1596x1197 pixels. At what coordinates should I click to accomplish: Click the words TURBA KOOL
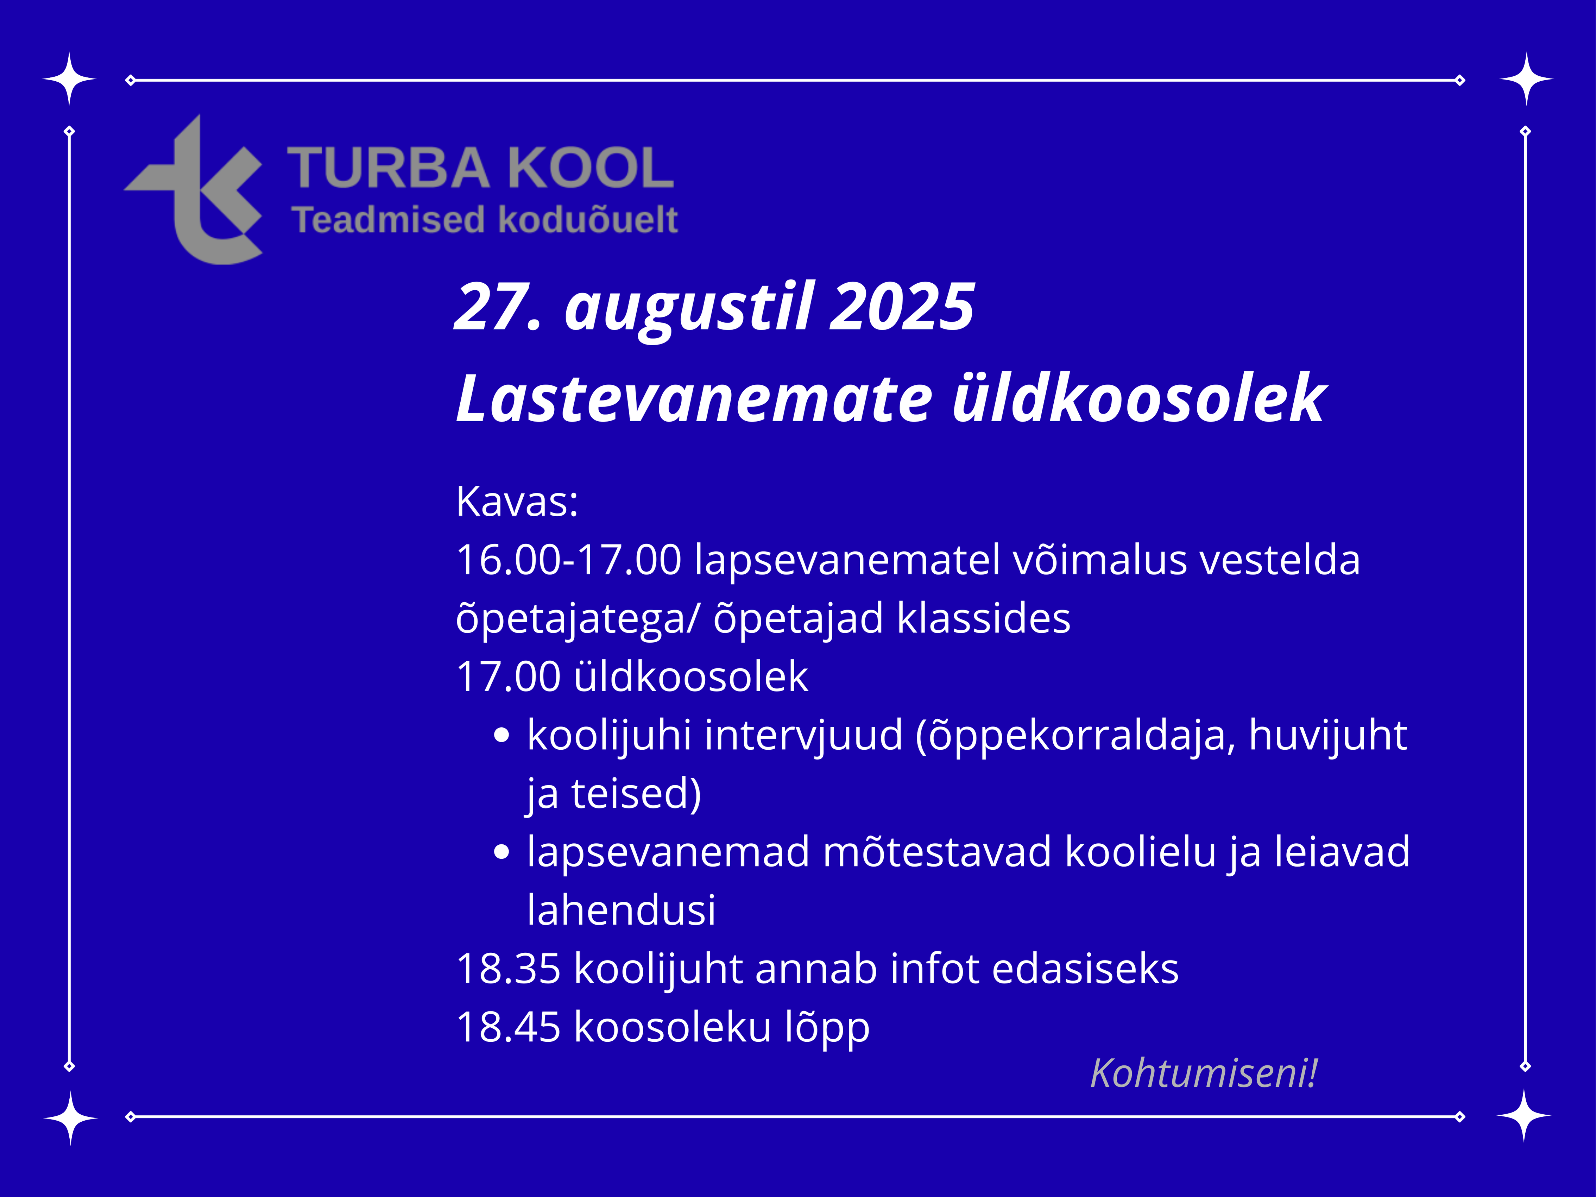[x=480, y=168]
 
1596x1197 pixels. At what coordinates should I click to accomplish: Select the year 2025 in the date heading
[x=902, y=307]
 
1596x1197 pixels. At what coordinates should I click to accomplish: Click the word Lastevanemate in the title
[x=694, y=398]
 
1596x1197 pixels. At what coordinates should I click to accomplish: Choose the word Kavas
[x=517, y=502]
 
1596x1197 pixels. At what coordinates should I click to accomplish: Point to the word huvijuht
[x=1327, y=736]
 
